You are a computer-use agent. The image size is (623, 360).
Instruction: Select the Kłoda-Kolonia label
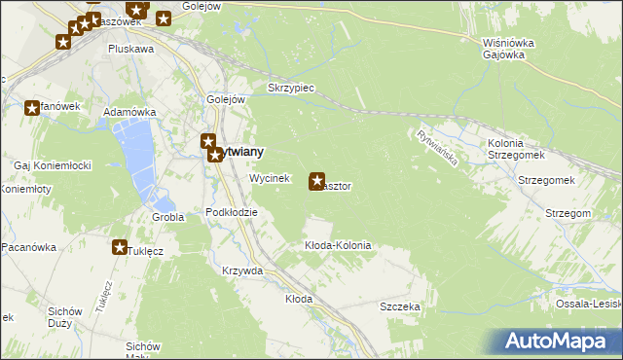[x=338, y=246]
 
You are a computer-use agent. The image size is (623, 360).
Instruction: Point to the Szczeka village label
[x=399, y=306]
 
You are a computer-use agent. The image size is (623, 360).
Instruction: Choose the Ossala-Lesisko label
[x=589, y=304]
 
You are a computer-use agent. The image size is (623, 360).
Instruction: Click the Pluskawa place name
[x=131, y=49]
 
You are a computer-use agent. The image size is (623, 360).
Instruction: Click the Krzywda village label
[x=242, y=271]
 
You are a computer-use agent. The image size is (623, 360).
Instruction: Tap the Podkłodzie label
[x=232, y=212]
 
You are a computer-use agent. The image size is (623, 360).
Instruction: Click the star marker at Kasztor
[x=317, y=181]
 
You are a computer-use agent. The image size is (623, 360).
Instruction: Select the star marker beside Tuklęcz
[x=120, y=248]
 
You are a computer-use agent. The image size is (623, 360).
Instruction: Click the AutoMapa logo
[x=555, y=342]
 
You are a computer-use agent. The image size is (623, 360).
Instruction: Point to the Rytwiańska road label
[x=436, y=149]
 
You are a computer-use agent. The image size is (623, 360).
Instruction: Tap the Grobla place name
[x=167, y=217]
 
